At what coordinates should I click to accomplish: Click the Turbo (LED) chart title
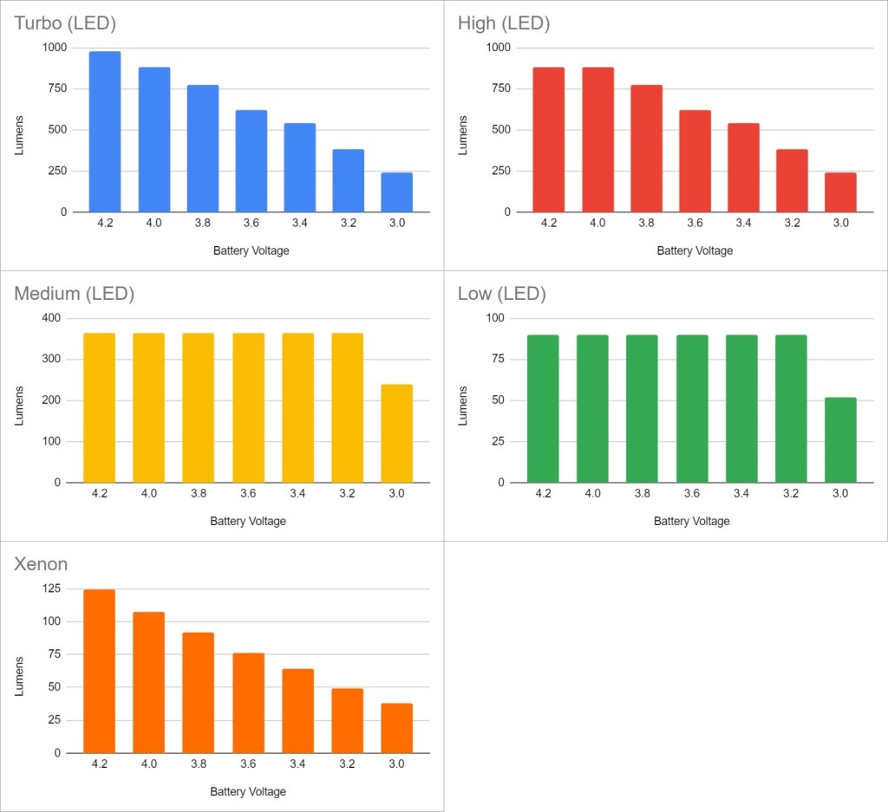click(x=65, y=23)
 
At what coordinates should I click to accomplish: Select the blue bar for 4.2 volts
click(x=105, y=132)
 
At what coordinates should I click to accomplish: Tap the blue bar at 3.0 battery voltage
click(x=396, y=192)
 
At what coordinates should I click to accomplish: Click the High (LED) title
click(x=504, y=23)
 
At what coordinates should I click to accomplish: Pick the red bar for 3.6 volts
click(x=695, y=161)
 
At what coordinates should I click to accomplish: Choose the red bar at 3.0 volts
click(x=840, y=192)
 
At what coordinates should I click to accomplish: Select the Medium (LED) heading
click(x=74, y=294)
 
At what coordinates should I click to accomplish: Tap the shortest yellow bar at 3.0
click(x=396, y=433)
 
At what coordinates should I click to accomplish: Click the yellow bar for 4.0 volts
click(x=149, y=407)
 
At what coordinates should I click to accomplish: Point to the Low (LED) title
click(x=501, y=294)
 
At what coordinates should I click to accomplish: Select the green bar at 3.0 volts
click(x=840, y=439)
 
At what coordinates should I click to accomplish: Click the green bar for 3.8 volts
click(x=642, y=408)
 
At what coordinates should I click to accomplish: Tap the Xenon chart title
click(x=41, y=565)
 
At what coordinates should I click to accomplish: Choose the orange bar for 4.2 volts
click(x=99, y=671)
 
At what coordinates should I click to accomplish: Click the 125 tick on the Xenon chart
click(x=54, y=589)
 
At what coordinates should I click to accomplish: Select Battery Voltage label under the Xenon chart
click(x=248, y=791)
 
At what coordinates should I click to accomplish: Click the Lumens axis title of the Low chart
click(x=463, y=405)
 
